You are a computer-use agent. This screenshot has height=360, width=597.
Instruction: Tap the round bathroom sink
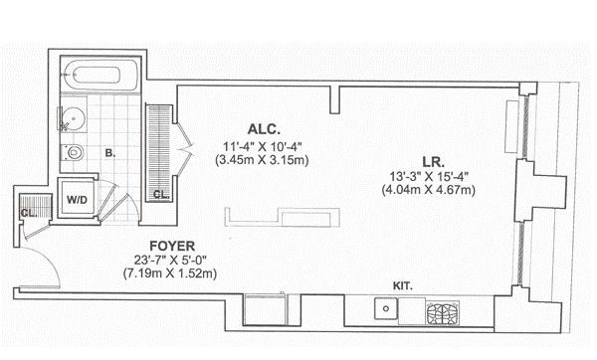click(x=73, y=118)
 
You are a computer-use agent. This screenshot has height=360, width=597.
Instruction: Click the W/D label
click(x=77, y=200)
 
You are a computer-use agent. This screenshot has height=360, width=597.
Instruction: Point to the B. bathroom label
click(x=110, y=154)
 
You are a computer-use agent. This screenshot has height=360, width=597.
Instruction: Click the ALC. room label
click(x=264, y=129)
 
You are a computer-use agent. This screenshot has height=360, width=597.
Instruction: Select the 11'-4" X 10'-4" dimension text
click(x=262, y=146)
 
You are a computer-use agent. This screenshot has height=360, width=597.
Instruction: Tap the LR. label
click(x=433, y=162)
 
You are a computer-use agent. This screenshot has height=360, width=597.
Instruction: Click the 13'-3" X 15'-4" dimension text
click(x=428, y=177)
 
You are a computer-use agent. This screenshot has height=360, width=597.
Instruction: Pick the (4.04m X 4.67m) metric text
click(x=428, y=190)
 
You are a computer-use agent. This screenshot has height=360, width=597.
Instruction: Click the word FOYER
click(x=172, y=247)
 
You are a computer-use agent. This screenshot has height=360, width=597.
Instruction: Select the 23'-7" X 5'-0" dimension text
click(x=170, y=261)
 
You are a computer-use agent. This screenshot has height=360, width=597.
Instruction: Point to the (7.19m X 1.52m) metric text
click(x=170, y=273)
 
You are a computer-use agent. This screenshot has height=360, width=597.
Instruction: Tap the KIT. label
click(x=402, y=286)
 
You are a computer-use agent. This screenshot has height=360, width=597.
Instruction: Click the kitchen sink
click(x=386, y=308)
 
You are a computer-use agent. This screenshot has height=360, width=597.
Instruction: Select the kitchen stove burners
click(x=443, y=313)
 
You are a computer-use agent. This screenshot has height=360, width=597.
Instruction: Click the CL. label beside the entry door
click(x=29, y=213)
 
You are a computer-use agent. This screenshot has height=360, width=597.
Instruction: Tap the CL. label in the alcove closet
click(x=161, y=195)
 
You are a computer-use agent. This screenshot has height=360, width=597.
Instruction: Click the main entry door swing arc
click(x=47, y=259)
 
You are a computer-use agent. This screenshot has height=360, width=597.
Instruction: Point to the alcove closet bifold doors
click(x=185, y=146)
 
